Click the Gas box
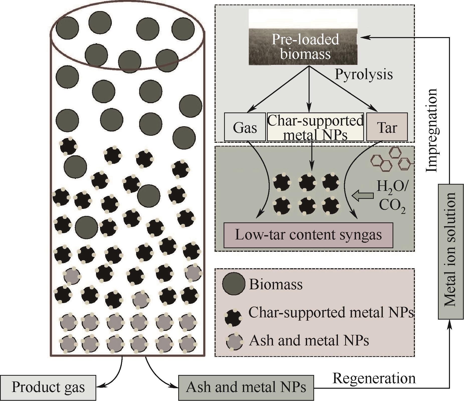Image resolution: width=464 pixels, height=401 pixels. click(245, 127)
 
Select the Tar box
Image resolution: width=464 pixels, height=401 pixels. click(387, 127)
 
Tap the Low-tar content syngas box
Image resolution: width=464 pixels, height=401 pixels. click(308, 235)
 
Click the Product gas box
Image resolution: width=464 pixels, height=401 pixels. click(48, 387)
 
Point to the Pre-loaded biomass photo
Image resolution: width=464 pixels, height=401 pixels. click(303, 37)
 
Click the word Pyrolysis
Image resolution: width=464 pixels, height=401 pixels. click(364, 74)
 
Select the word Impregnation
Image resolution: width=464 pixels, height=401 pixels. click(432, 130)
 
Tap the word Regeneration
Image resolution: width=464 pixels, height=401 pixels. click(374, 378)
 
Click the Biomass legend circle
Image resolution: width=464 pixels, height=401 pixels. click(234, 284)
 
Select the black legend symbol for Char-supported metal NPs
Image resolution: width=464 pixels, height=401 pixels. click(233, 317)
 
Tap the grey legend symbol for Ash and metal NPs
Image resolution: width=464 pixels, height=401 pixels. click(234, 341)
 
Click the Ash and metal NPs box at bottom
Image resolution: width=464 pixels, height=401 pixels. click(246, 387)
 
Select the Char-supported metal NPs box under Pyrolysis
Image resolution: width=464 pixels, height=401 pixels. click(315, 127)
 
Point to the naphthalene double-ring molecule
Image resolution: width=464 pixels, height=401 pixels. click(381, 163)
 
